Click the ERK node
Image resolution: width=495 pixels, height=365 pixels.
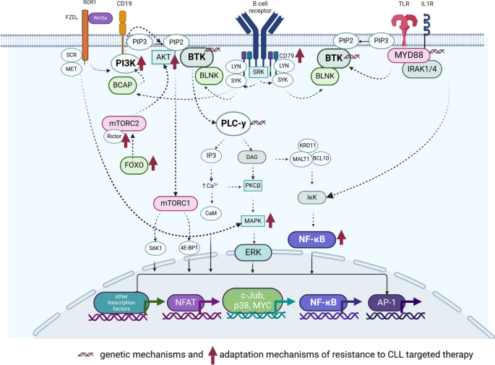pos(253,252)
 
